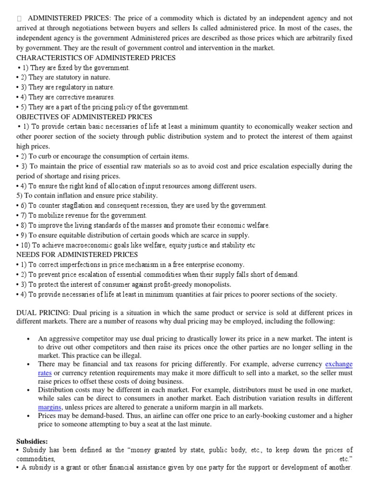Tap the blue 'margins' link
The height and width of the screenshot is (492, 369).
click(49, 407)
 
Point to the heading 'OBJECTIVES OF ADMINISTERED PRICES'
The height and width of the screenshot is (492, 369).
click(85, 117)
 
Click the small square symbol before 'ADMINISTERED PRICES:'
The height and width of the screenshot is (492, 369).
click(19, 18)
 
